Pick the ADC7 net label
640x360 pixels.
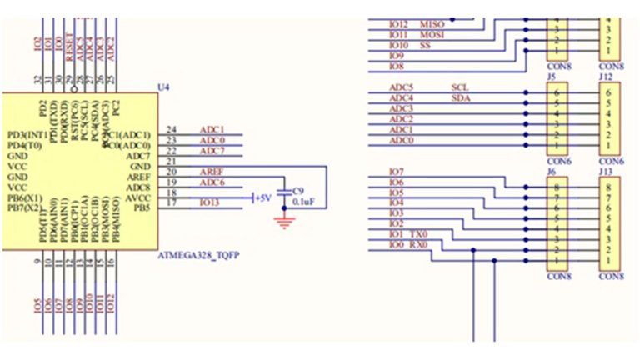tap(212, 151)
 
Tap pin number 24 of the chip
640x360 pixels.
tap(172, 130)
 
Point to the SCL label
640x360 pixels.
tap(460, 87)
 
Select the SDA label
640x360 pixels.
tap(461, 98)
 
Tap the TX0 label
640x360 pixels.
tap(419, 235)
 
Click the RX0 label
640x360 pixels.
tap(418, 246)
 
